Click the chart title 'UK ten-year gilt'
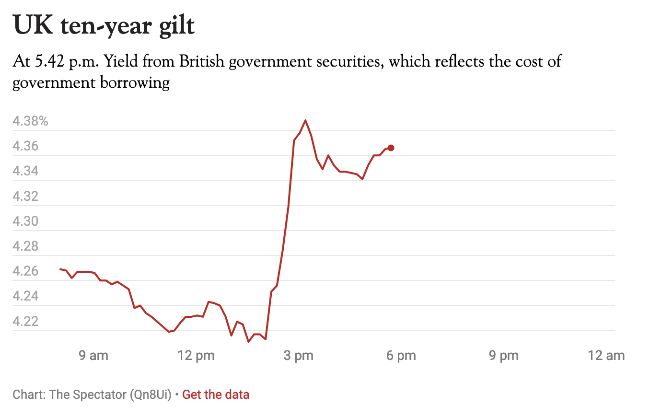[x=104, y=25]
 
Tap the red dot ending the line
[x=391, y=148]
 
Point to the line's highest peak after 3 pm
[x=305, y=120]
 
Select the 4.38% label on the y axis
[x=30, y=121]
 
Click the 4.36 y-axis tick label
[x=25, y=146]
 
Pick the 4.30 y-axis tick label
[x=25, y=221]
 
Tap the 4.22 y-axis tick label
[x=25, y=321]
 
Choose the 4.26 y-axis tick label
[x=25, y=271]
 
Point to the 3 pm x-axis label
[x=298, y=356]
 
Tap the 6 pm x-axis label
[x=401, y=356]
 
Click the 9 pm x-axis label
[x=503, y=356]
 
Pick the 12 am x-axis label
[x=606, y=356]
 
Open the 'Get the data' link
[x=216, y=395]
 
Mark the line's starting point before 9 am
[x=60, y=269]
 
